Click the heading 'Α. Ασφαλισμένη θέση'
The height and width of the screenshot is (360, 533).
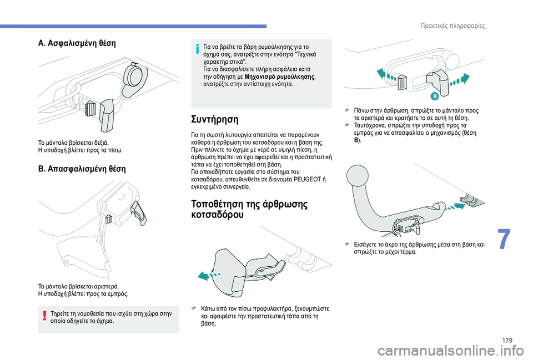pyautogui.click(x=77, y=43)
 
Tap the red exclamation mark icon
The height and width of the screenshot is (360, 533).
pyautogui.click(x=43, y=317)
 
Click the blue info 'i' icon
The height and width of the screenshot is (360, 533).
pyautogui.click(x=197, y=49)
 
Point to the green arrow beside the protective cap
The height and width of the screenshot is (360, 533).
pyautogui.click(x=211, y=274)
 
